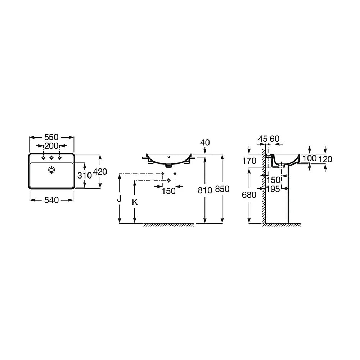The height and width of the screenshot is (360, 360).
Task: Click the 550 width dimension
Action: (51, 137)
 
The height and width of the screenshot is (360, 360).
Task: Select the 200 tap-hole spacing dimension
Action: (51, 146)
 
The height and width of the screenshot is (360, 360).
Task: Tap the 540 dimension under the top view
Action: (51, 200)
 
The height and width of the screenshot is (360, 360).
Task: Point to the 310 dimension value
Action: (85, 175)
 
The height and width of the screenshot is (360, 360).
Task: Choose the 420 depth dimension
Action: (100, 171)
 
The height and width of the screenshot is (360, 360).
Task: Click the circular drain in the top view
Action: (51, 170)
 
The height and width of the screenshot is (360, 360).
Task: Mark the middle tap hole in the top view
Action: (51, 158)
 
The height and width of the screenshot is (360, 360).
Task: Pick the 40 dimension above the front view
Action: (205, 143)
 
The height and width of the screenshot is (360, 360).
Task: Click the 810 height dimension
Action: (205, 190)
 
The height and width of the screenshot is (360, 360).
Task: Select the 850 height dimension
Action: (222, 189)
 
